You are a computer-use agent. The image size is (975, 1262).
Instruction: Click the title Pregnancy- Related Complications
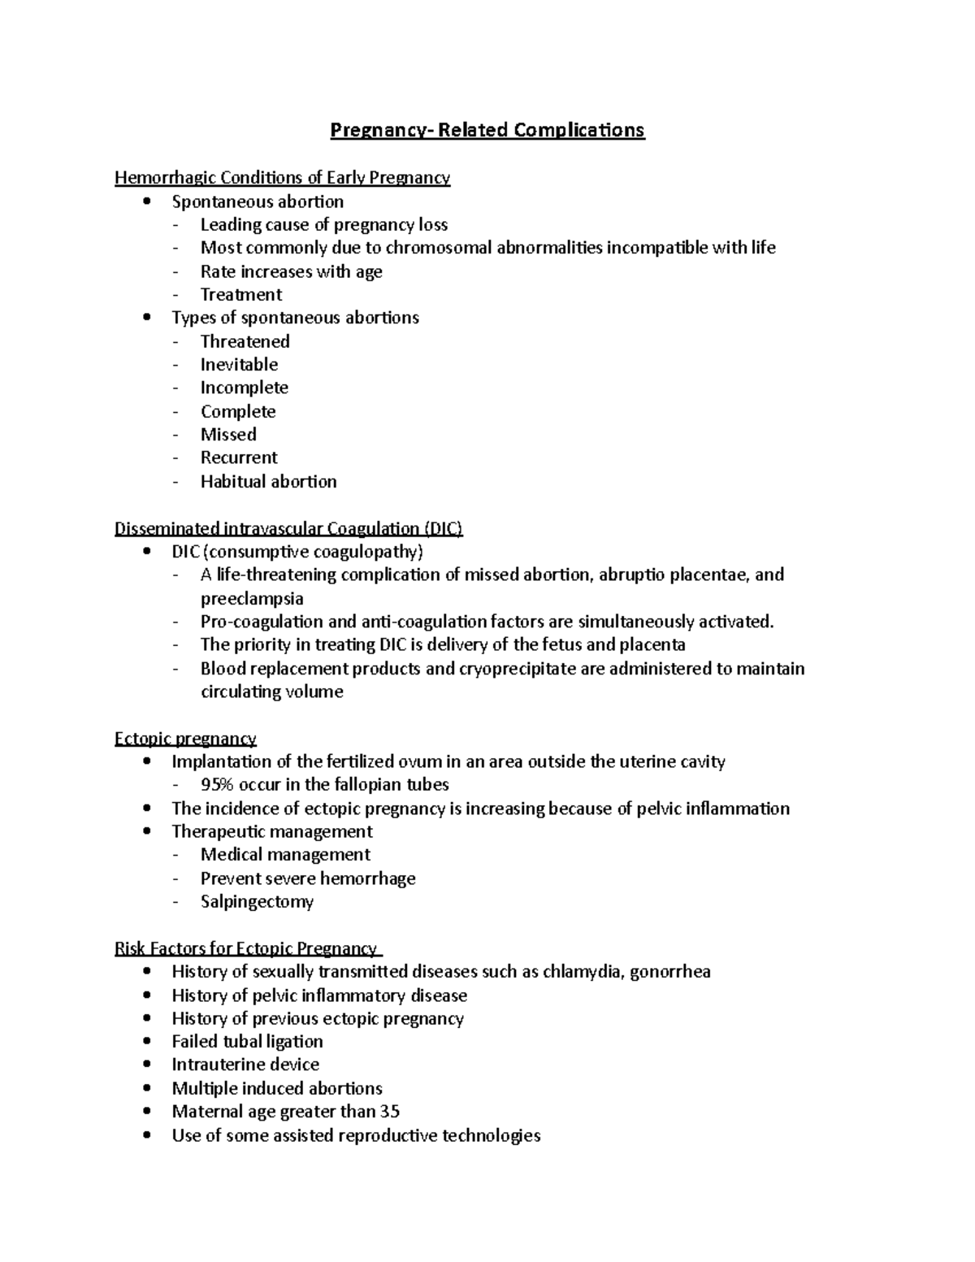click(487, 130)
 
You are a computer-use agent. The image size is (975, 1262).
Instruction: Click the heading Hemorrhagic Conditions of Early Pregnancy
click(282, 177)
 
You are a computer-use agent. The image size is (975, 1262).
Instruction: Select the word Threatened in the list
click(245, 341)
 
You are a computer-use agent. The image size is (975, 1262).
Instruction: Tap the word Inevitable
click(239, 365)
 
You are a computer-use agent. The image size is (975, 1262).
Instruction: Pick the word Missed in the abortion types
click(228, 435)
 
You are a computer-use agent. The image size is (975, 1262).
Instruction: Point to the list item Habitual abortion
click(268, 482)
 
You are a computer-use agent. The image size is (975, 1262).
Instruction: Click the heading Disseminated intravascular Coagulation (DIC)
click(288, 529)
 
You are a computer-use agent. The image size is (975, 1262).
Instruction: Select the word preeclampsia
click(252, 599)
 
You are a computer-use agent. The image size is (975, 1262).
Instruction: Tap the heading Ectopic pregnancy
click(185, 739)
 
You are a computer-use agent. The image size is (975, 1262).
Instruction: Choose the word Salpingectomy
click(257, 902)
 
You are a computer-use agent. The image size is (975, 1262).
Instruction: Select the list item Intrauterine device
click(245, 1065)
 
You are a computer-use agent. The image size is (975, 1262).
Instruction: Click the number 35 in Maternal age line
click(390, 1112)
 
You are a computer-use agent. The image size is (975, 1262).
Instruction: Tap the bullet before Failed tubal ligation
click(146, 1042)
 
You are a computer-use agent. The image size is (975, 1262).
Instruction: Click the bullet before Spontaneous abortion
click(146, 202)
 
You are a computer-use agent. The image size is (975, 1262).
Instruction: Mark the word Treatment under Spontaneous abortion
click(241, 295)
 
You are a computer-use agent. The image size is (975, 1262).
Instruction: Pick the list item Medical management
click(285, 855)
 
